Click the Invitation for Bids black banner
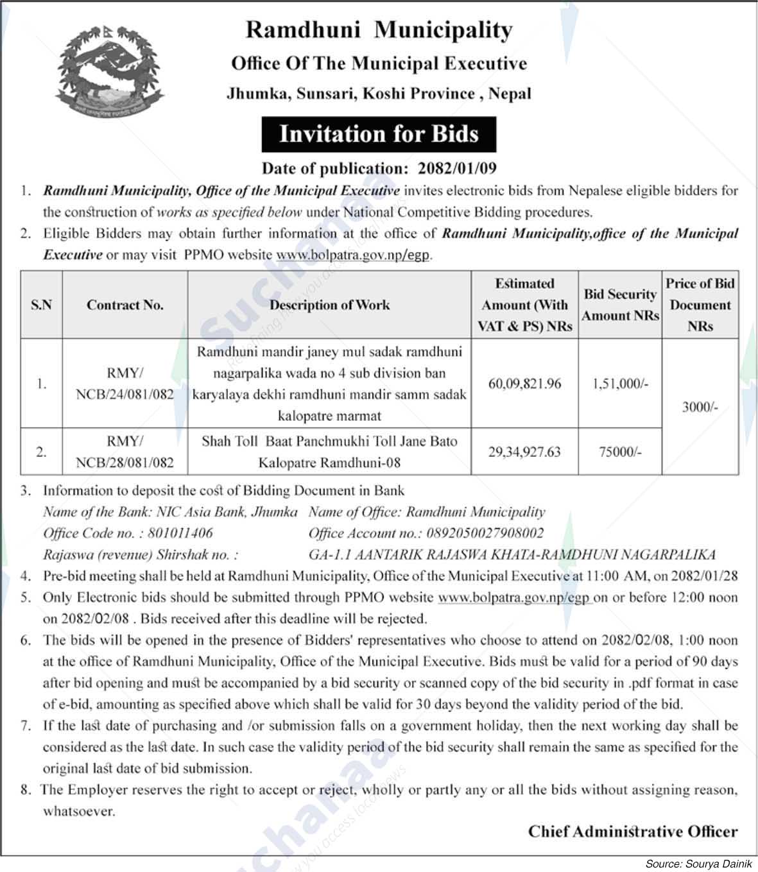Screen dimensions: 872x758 tap(379, 134)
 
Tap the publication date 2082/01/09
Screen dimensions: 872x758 tap(457, 169)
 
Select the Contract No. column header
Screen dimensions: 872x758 tap(125, 305)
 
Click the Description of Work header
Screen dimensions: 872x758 tap(329, 305)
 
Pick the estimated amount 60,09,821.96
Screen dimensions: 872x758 tap(524, 384)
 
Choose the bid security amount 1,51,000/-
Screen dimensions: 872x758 tap(620, 384)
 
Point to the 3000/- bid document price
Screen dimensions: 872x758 tap(700, 407)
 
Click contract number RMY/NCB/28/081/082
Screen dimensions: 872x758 tap(125, 452)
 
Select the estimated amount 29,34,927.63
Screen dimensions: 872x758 tap(524, 452)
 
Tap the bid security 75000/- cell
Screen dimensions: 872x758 tap(620, 452)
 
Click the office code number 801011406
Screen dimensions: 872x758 tap(180, 533)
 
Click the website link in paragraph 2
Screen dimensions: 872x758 tap(353, 255)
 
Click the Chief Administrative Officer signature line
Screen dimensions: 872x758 tap(633, 832)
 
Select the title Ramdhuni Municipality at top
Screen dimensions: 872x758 tap(379, 30)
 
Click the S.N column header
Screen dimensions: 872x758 tap(41, 305)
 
